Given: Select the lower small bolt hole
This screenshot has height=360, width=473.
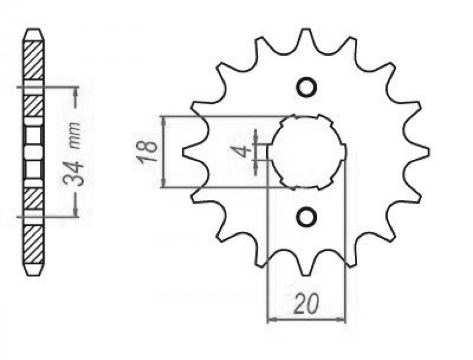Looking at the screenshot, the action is [307, 217].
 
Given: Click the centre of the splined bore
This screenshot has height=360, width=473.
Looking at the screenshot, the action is [306, 152].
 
